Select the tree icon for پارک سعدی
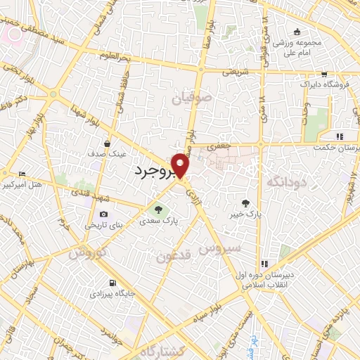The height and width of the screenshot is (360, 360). point(157,209)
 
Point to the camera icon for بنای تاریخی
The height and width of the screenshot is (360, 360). point(104,214)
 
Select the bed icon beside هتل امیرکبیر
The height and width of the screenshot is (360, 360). point(22,174)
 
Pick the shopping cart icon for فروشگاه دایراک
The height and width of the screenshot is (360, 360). point(323,74)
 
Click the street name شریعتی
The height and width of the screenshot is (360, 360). point(236,71)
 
